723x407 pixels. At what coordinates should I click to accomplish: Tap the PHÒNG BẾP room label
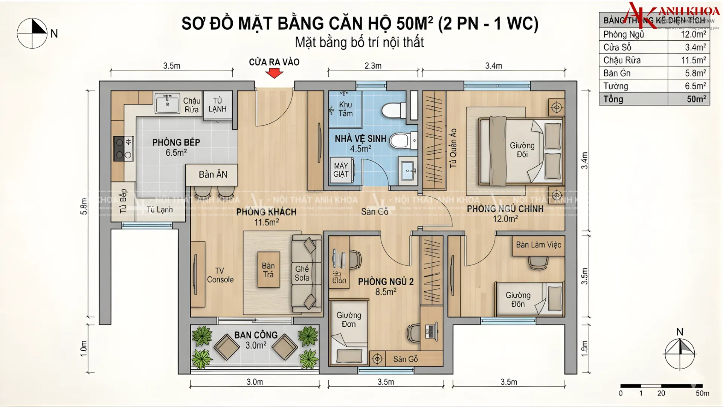click(176, 142)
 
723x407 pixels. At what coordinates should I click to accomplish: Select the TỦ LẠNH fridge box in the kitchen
click(218, 105)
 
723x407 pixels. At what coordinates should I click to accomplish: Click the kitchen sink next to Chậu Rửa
click(167, 103)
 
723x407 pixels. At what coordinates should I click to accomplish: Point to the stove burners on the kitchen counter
click(123, 148)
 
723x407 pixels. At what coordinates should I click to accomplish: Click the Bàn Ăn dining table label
click(213, 174)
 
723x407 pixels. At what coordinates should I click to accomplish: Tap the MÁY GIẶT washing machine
click(341, 170)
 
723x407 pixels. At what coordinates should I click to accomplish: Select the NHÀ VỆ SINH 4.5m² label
click(360, 144)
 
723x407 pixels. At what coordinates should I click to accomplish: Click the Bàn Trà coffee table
click(268, 270)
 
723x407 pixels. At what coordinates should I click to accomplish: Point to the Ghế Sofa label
click(302, 273)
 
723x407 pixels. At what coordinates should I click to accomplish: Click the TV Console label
click(220, 275)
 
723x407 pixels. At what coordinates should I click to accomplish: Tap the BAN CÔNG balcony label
click(256, 335)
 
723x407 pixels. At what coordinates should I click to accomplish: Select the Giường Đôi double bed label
click(522, 150)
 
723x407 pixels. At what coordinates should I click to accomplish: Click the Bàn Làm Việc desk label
click(538, 245)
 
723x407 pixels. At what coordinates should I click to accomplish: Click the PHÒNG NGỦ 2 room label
click(386, 282)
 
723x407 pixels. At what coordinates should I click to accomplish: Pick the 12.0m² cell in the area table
click(693, 34)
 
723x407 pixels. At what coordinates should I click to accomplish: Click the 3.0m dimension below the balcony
click(255, 382)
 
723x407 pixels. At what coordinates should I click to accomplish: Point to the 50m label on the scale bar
click(702, 393)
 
